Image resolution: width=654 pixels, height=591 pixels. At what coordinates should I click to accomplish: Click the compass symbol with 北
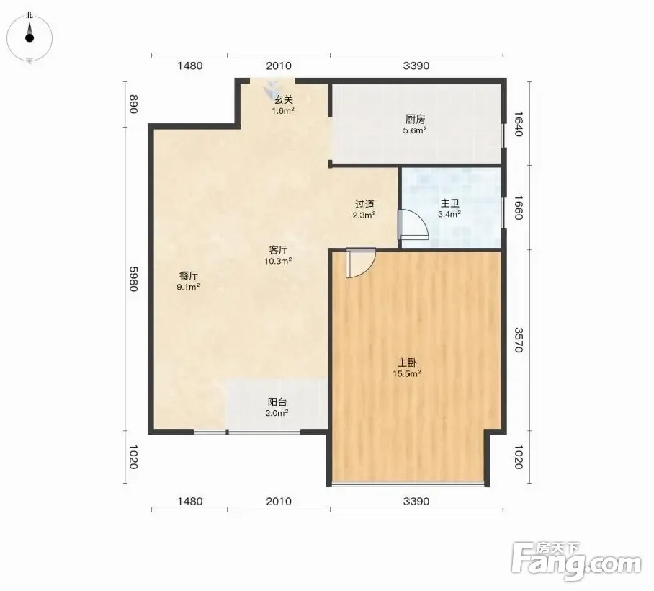point(30,38)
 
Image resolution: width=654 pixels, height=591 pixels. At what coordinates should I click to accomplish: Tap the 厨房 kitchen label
point(415,120)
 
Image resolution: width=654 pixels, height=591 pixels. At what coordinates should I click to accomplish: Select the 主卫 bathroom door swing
point(413,225)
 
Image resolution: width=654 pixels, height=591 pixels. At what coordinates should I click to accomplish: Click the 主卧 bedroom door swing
point(361,263)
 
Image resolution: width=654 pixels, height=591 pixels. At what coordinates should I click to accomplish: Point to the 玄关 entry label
point(284,99)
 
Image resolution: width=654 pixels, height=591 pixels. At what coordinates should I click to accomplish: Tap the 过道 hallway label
point(364,204)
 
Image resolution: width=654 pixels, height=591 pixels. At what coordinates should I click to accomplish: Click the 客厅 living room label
point(278,250)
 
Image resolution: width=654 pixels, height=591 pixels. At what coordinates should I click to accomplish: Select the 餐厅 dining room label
point(188,276)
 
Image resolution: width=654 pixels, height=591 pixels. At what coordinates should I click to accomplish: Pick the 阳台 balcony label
point(277,402)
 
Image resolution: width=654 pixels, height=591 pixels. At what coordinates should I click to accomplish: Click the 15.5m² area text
point(407,373)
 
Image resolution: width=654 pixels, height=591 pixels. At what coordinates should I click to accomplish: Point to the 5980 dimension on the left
point(133,279)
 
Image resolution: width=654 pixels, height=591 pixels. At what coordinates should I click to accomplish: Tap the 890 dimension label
point(133,105)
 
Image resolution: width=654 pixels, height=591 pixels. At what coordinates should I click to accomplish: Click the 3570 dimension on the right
point(519,339)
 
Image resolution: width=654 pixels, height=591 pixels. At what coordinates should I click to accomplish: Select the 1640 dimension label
point(519,123)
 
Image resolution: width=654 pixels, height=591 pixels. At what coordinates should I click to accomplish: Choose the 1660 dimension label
point(519,208)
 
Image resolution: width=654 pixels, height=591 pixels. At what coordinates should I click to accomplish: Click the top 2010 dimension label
point(279,66)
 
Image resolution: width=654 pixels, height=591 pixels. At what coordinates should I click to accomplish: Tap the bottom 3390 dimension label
point(416,501)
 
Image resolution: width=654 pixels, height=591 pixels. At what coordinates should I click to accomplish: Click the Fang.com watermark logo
point(576,561)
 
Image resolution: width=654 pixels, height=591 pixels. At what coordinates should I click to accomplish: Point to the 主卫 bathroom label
point(450,203)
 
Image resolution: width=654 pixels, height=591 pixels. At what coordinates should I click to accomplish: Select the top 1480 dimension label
point(189,66)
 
